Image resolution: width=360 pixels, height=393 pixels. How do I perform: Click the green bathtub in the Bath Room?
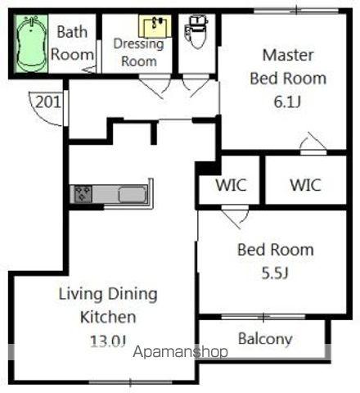pos(31,43)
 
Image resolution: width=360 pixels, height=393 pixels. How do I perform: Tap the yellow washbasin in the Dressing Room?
pos(155,26)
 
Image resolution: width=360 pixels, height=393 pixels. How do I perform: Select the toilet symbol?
pos(196,32)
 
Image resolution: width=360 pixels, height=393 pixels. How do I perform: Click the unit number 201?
pos(48,102)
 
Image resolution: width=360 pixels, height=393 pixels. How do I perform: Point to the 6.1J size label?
pos(287,102)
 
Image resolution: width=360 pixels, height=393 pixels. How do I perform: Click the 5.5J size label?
pos(275,273)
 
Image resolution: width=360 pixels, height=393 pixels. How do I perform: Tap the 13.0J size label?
pos(108,341)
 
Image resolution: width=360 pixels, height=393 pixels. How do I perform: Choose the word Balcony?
pos(265,339)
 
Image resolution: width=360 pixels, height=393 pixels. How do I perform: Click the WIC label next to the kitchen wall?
pos(231,185)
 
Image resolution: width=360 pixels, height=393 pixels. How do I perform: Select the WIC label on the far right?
pos(305,185)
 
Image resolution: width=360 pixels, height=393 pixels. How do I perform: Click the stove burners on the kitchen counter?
pos(83,194)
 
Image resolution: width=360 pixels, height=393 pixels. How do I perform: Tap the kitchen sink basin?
pos(133,195)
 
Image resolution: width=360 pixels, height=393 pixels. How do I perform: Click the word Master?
pos(288,55)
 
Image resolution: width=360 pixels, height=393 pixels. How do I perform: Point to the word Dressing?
pos(138,44)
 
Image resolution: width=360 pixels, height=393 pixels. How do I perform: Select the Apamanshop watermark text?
pos(180,352)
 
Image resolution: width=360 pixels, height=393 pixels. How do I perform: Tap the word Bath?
pos(72,32)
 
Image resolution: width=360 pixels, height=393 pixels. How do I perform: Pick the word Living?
pos(81,294)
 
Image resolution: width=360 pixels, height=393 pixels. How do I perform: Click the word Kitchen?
pos(108,317)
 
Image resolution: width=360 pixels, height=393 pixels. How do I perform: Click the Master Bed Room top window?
pos(296,11)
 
